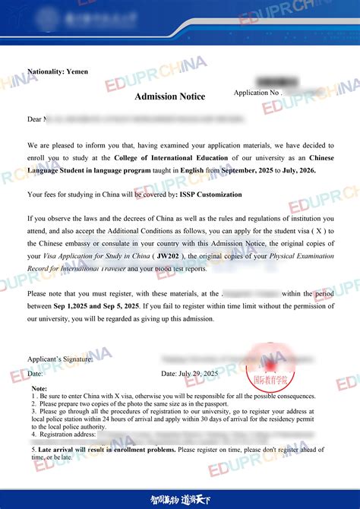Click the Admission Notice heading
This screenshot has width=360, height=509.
click(169, 96)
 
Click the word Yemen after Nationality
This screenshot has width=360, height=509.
click(77, 71)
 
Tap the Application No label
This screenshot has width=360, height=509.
click(257, 93)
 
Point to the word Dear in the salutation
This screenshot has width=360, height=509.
click(35, 119)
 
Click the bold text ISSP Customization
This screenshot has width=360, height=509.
click(207, 194)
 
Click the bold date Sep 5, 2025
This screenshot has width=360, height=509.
click(112, 305)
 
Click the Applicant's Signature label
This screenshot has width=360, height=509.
click(60, 359)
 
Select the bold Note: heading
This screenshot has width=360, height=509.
click(39, 388)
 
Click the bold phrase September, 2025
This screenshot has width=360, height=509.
click(255, 170)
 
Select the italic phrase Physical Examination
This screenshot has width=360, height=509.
click(294, 256)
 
